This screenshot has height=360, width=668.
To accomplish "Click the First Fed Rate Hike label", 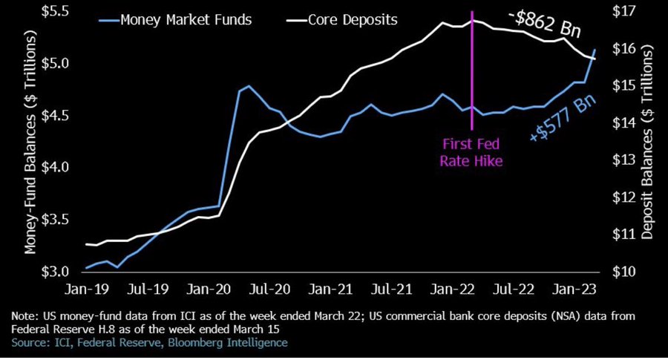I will pyautogui.click(x=473, y=151).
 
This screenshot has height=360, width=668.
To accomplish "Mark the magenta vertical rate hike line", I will pyautogui.click(x=473, y=74).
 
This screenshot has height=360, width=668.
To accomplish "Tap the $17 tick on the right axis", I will pyautogui.click(x=622, y=11).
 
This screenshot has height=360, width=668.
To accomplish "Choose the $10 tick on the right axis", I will pyautogui.click(x=622, y=272).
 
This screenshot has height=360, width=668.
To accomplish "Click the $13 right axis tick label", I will pyautogui.click(x=622, y=160).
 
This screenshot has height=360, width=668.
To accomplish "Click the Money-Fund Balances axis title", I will pyautogui.click(x=32, y=141).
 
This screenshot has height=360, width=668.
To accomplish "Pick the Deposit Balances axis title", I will pyautogui.click(x=647, y=141).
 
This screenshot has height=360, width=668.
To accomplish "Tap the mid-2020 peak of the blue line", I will pyautogui.click(x=248, y=86).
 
